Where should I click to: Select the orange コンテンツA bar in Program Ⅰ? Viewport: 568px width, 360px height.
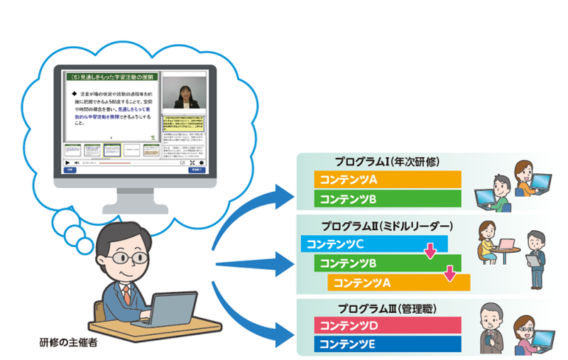387,179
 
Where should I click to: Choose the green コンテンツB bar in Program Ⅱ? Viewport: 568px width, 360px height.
387,263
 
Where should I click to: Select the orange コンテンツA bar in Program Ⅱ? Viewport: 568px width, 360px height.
398,282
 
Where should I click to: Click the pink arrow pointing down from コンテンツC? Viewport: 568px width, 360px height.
430,251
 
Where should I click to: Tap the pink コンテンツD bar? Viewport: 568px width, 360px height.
387,327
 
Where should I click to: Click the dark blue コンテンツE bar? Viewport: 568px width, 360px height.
387,345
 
